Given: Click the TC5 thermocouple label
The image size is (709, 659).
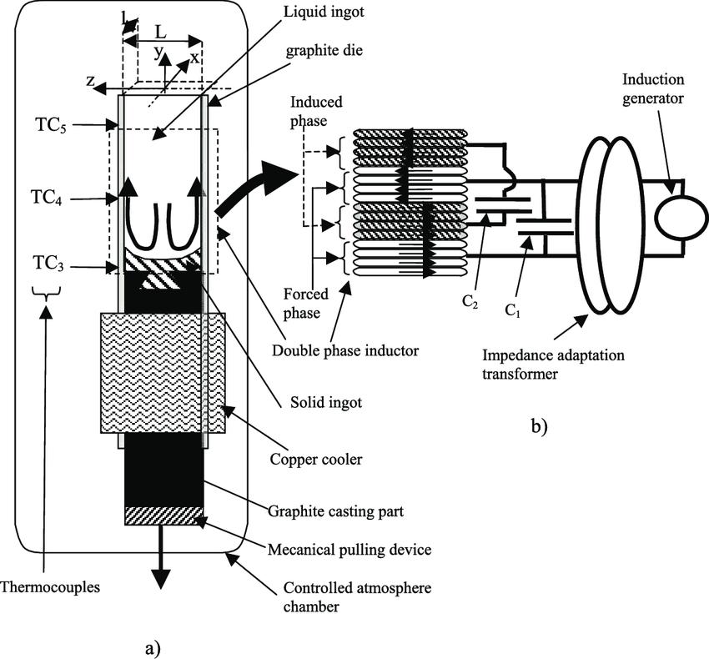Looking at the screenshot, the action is (51, 126).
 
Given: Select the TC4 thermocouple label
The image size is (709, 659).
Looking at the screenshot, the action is (46, 198).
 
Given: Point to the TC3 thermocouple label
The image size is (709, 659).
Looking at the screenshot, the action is (48, 264).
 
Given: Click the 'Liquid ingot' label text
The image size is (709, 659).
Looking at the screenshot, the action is (324, 12).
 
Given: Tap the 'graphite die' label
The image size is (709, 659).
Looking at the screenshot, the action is (324, 50).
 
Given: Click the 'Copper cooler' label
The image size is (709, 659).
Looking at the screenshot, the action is (316, 460).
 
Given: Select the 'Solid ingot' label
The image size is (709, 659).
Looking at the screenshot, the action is (326, 402).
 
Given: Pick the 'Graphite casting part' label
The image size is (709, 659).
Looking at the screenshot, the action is (335, 511).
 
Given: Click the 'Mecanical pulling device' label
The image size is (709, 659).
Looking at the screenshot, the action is (349, 550).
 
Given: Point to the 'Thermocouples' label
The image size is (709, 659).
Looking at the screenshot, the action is (50, 587).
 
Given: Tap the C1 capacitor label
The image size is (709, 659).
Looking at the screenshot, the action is (512, 310).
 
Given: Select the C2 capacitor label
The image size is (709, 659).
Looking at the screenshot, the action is (470, 302).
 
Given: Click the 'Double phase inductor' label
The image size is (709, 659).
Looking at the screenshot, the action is (345, 350).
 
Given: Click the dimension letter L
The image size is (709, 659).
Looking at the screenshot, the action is (160, 32).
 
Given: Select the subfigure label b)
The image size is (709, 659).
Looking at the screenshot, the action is (539, 426).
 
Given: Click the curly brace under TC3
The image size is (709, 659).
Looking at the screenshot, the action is (46, 293).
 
